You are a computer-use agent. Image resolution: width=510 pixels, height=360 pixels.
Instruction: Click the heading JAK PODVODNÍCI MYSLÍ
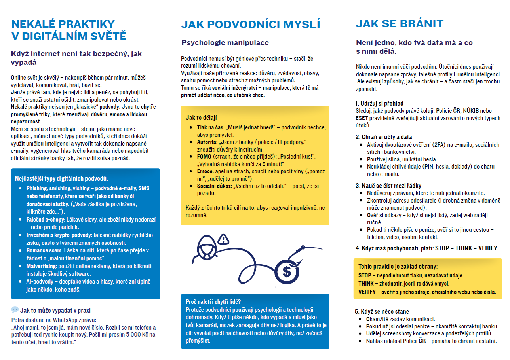(x=250, y=25)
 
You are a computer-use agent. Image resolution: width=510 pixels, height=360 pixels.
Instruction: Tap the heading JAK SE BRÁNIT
(x=400, y=24)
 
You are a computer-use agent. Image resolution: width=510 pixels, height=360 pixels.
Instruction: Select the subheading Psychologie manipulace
(x=225, y=43)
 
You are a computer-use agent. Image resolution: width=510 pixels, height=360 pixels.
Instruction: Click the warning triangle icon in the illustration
(x=224, y=239)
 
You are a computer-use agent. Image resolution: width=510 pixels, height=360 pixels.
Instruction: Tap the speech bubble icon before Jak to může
(x=15, y=310)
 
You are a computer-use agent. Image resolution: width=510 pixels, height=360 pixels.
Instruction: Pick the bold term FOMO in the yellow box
(x=204, y=157)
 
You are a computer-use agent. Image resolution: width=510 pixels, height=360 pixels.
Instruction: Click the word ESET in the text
(x=362, y=118)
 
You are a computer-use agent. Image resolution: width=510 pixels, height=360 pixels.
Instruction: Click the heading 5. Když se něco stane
(x=382, y=311)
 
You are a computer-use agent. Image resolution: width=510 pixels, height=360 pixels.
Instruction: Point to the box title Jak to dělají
(x=201, y=117)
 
